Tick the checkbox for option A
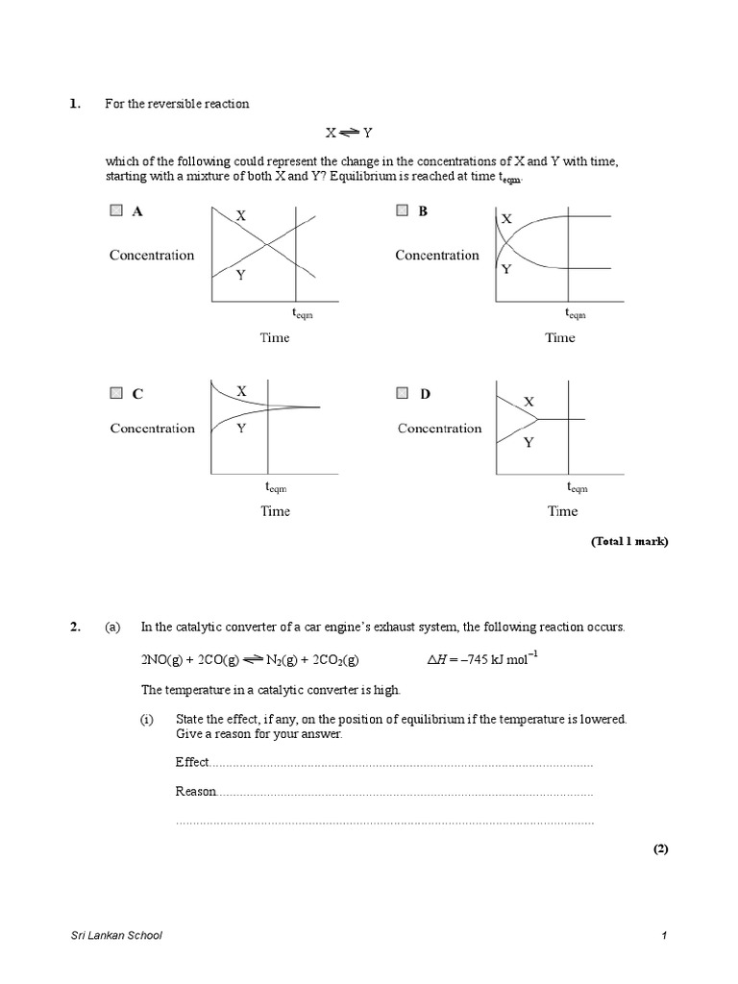[116, 211]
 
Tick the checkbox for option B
[403, 211]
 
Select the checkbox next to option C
[116, 392]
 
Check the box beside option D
[403, 392]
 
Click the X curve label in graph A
[241, 217]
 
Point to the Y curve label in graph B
[505, 270]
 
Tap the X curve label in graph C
[242, 391]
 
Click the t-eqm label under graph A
[302, 313]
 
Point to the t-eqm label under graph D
[576, 487]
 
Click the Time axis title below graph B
[560, 337]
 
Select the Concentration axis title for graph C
[152, 429]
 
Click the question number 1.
[74, 104]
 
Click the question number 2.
[74, 627]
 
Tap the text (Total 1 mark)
[628, 542]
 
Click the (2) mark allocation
[659, 849]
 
